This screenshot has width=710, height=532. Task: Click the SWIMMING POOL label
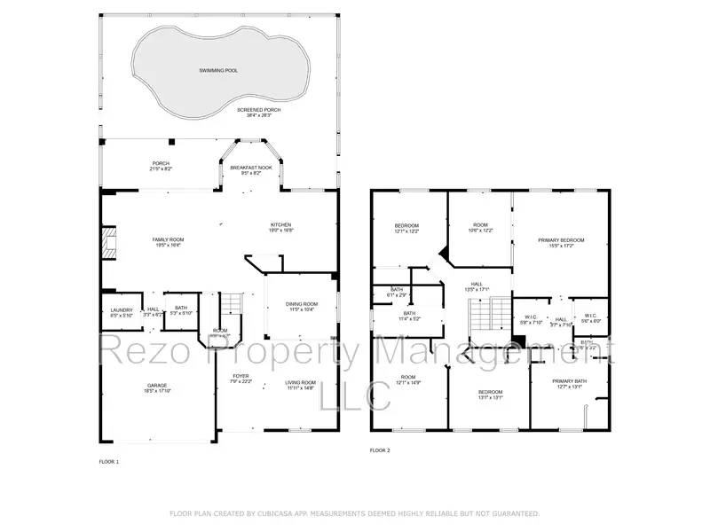tap(217, 70)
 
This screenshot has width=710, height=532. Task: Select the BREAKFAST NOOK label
tap(251, 168)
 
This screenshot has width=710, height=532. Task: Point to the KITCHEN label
tap(280, 224)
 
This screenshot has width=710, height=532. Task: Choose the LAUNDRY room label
tap(121, 309)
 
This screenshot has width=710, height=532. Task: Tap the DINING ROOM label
tap(301, 304)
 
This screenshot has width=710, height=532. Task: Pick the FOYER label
tap(241, 376)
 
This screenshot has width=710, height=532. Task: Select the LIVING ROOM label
tap(300, 382)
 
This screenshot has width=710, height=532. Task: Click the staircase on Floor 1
tap(231, 304)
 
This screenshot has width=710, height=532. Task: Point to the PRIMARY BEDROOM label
tap(560, 239)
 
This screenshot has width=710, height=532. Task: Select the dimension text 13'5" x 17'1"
tap(477, 290)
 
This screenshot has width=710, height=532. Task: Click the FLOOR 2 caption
tap(380, 450)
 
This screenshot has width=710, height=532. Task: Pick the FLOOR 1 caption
tap(108, 461)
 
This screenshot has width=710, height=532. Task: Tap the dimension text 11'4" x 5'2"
tap(409, 318)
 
